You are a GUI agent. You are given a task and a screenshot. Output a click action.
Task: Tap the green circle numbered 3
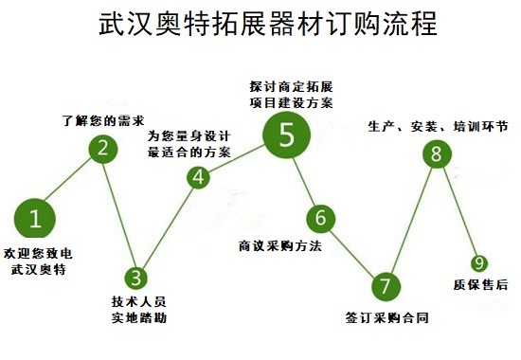point(137,278)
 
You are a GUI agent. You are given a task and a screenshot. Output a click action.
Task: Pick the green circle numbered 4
point(198,176)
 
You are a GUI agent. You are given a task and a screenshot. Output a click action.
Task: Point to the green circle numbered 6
point(321,217)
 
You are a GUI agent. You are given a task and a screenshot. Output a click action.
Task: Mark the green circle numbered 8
point(435,153)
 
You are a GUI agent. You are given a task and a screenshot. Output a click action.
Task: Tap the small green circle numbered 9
point(480,262)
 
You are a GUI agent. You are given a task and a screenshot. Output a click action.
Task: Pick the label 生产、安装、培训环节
point(438,126)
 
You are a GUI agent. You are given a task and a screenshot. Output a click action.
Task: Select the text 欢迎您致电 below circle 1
point(37,253)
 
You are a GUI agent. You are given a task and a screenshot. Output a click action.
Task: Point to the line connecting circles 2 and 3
point(120,213)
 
